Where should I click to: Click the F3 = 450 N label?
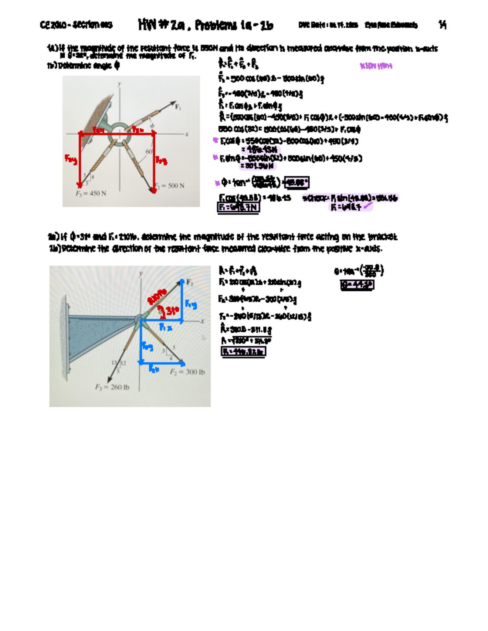(x=91, y=193)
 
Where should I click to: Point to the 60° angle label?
(x=149, y=151)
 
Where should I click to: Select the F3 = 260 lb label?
(x=112, y=387)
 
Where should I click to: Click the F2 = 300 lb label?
(x=187, y=372)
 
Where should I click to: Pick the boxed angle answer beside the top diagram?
(x=296, y=183)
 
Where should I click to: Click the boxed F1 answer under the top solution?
(x=238, y=207)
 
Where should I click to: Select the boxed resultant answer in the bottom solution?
(x=243, y=352)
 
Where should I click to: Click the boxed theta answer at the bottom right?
(x=357, y=285)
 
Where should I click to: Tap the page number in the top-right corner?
(x=442, y=25)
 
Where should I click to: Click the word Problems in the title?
(x=216, y=26)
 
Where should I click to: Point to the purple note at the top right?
(x=376, y=66)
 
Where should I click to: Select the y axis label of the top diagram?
(x=120, y=84)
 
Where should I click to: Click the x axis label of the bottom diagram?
(x=202, y=321)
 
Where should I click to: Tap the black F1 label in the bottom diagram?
(x=190, y=282)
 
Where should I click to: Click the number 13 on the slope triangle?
(x=114, y=362)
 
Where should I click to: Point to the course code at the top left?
(x=76, y=25)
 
